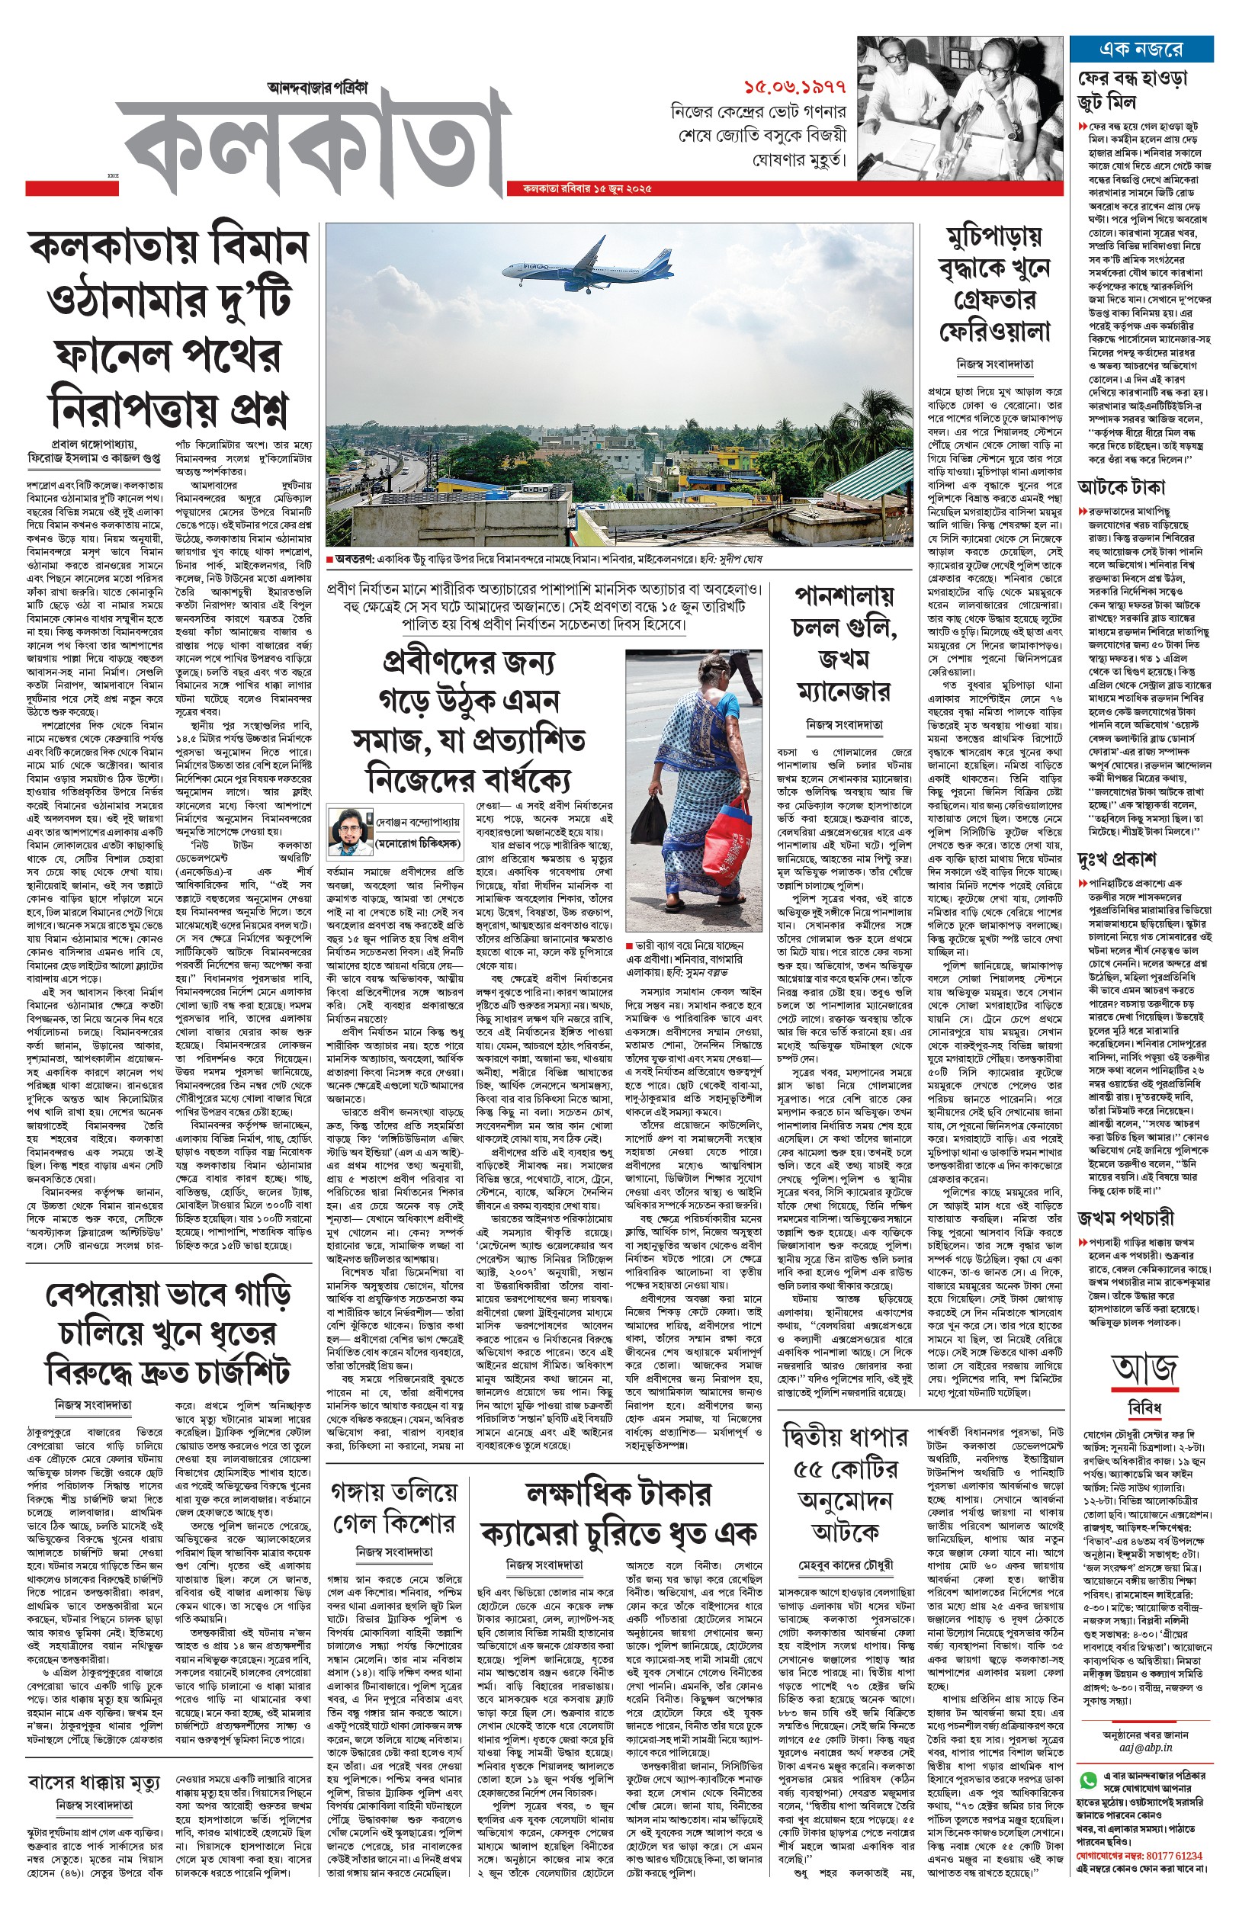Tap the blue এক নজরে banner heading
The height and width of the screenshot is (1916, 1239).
tap(1141, 49)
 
